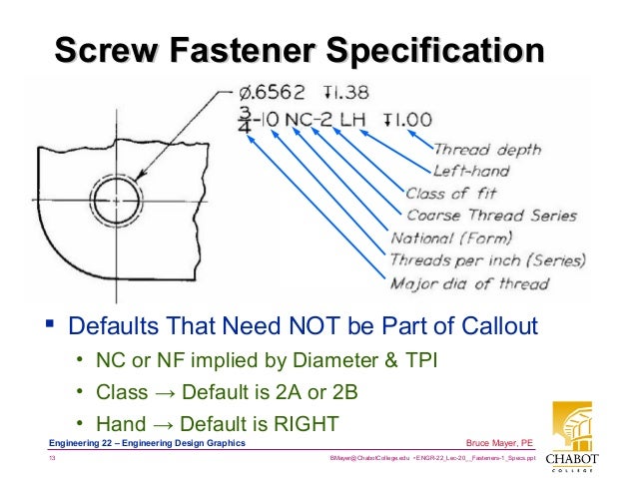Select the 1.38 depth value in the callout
click(347, 93)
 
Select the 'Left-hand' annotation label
click(473, 171)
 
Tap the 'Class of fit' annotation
click(450, 193)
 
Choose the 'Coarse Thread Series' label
click(491, 215)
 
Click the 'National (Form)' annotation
click(451, 238)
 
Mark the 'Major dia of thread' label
click(468, 284)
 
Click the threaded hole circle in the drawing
click(117, 201)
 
